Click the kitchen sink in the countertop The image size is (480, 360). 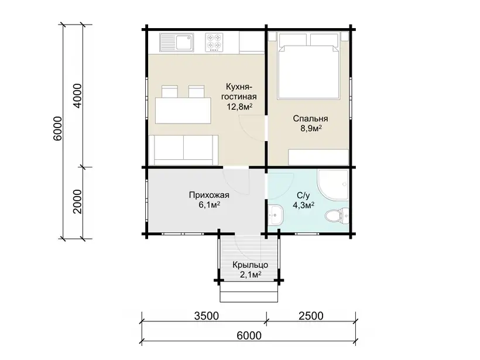point(176,42)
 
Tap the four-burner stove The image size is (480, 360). point(214,42)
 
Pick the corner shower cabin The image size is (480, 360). point(333,184)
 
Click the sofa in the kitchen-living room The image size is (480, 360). point(183,150)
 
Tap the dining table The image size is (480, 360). point(183,110)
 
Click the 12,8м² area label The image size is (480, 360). point(239,107)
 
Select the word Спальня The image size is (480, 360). point(310,118)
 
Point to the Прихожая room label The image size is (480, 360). point(209,195)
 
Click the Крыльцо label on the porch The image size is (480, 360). point(251,265)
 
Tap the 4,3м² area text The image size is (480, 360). point(304,205)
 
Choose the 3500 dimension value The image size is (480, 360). point(206,316)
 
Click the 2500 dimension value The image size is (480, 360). point(311,316)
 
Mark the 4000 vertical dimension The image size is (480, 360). point(78,95)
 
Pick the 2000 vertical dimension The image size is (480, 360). point(78,201)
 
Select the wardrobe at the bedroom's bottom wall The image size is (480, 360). point(319,157)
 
